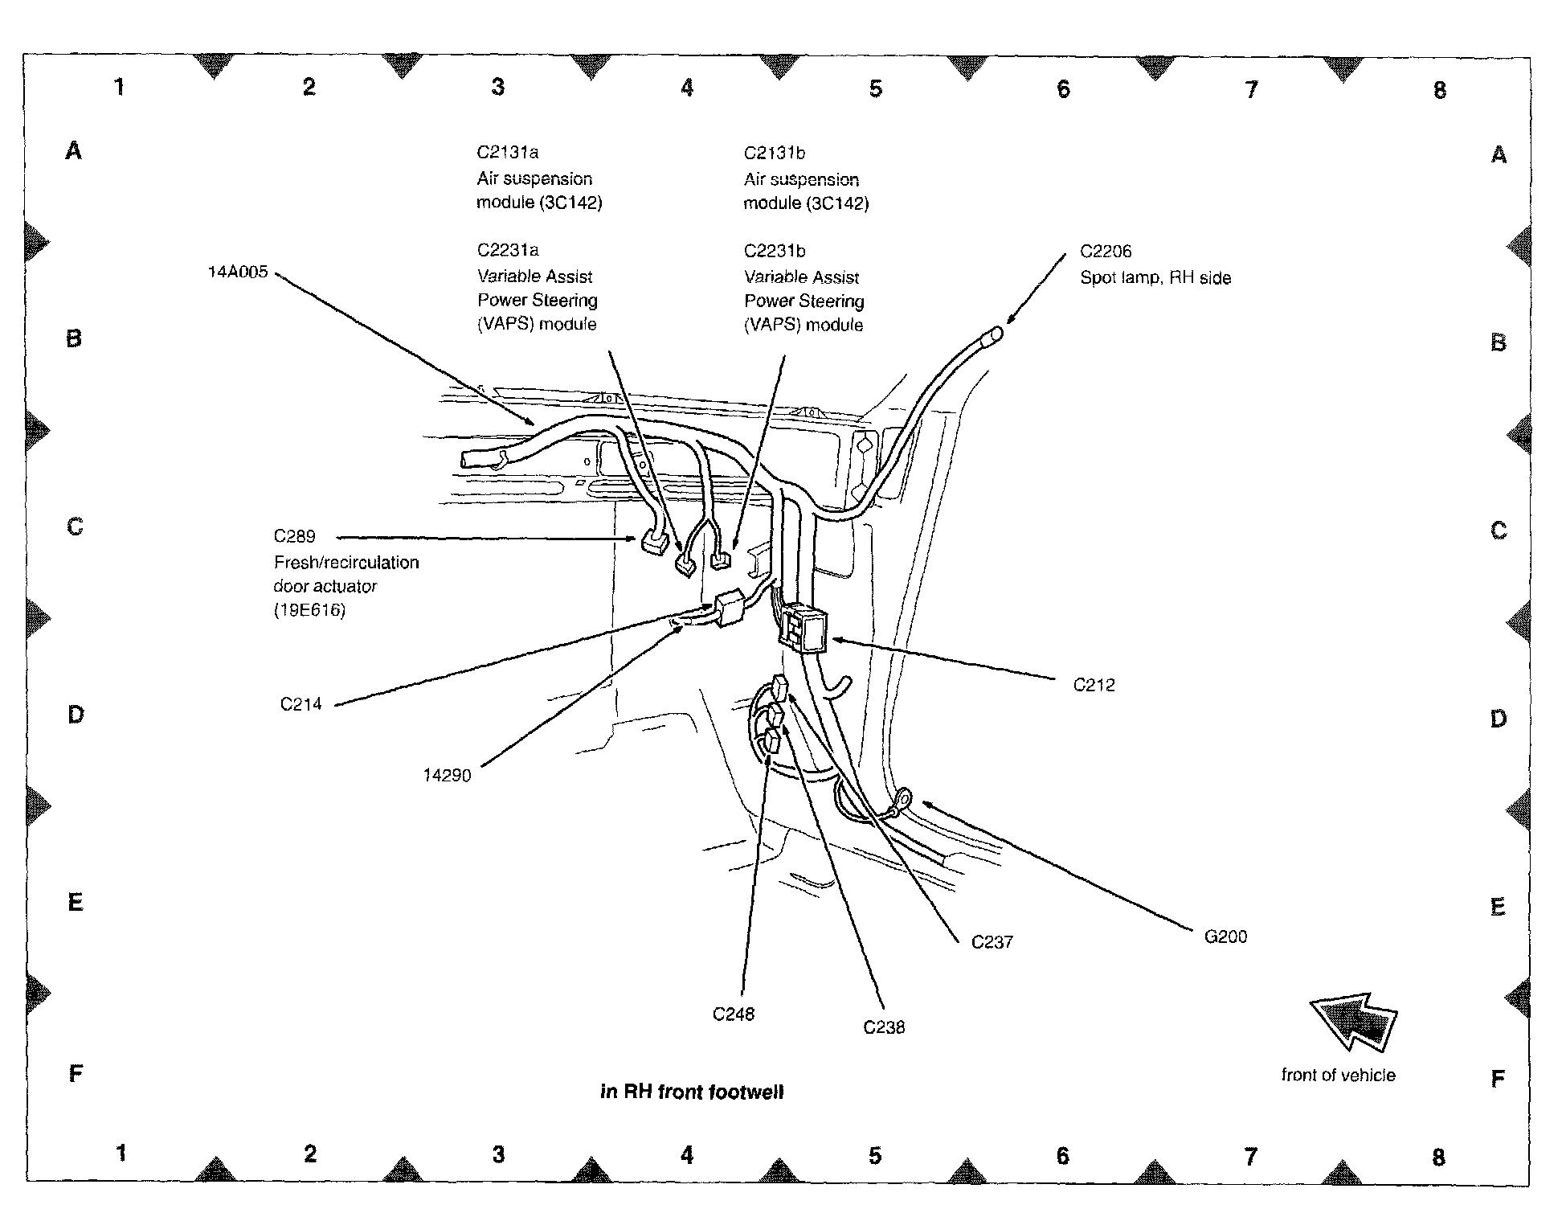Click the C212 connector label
point(1094,686)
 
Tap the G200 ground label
point(1225,936)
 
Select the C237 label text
point(992,942)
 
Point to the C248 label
point(734,1014)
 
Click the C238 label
point(884,1027)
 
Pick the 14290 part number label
point(447,776)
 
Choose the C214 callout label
point(301,704)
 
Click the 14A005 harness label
point(237,272)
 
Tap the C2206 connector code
point(1106,252)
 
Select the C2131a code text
point(507,153)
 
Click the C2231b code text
point(775,251)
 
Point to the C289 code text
point(294,536)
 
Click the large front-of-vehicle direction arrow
point(1354,1021)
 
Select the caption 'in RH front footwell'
point(692,1092)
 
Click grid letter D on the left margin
point(76,714)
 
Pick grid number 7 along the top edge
point(1251,89)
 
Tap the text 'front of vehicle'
point(1338,1076)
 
